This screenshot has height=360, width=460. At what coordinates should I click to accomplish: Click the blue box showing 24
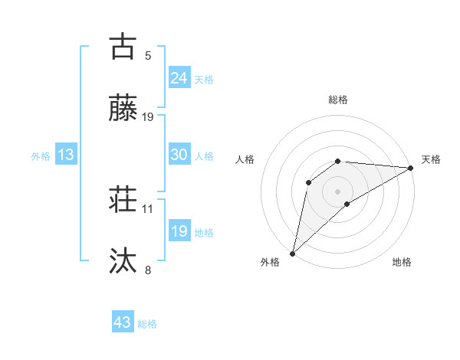(x=179, y=78)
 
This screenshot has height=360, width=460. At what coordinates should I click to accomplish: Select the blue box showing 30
(x=179, y=155)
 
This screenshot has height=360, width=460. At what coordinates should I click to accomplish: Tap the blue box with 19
(x=179, y=231)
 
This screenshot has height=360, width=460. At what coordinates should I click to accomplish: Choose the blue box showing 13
(x=66, y=155)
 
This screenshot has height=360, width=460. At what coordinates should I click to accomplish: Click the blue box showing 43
(x=123, y=322)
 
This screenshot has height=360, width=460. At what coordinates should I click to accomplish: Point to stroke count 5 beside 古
(x=148, y=55)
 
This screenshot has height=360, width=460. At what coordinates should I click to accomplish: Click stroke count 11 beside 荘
(x=148, y=208)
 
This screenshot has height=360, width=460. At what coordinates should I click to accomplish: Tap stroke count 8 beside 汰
(x=148, y=270)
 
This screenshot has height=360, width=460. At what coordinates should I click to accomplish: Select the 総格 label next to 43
(x=147, y=324)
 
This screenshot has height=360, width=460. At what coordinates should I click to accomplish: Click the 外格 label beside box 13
(x=41, y=156)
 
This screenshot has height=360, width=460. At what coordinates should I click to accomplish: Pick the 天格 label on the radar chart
(x=431, y=159)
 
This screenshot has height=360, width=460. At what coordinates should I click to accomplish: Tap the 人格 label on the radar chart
(x=245, y=159)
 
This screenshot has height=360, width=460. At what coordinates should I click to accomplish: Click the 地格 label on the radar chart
(x=402, y=262)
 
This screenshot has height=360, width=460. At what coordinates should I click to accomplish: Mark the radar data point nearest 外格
(x=293, y=253)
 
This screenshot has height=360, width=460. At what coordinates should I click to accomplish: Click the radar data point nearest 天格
(x=411, y=168)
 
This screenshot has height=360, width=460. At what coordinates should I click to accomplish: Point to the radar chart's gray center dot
(x=337, y=191)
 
